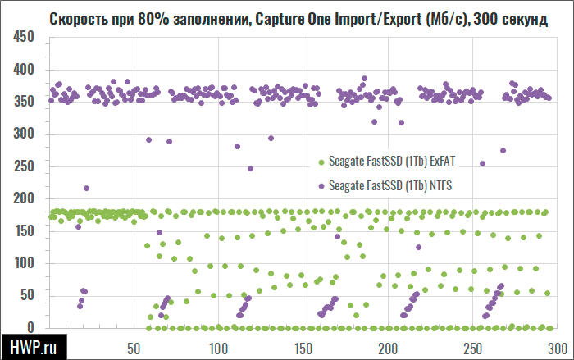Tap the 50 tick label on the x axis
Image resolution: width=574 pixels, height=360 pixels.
pos(133,347)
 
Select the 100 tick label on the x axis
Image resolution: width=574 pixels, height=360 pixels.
pos(218,347)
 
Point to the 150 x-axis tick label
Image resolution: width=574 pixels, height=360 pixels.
pos(303,347)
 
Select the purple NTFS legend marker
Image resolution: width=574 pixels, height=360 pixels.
pos(321,186)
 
